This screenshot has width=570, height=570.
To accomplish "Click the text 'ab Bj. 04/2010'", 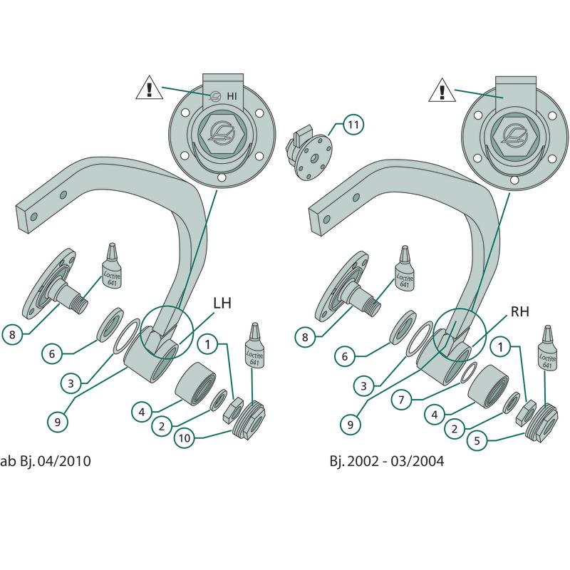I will point(46,461).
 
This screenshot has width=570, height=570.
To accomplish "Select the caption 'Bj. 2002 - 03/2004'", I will point(387,461).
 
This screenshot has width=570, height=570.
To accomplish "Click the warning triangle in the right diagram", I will point(442,90).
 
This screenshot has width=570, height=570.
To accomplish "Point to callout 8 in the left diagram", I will point(11,333).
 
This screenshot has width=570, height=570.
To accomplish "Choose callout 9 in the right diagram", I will point(350,423).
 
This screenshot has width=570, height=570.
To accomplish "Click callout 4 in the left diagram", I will point(142,411).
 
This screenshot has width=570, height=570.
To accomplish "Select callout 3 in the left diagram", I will point(71,383).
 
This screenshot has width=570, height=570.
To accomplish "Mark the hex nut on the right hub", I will point(512,135).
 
